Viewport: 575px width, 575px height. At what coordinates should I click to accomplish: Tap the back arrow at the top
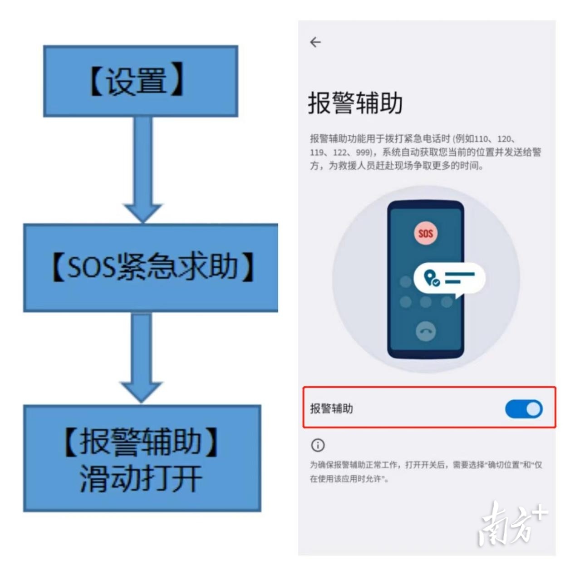pyautogui.click(x=315, y=42)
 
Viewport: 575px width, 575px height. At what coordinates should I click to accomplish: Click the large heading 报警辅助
pyautogui.click(x=355, y=103)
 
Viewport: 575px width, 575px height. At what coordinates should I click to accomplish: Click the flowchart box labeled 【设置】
pyautogui.click(x=141, y=81)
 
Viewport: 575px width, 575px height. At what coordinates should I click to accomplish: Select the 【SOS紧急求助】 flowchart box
pyautogui.click(x=151, y=268)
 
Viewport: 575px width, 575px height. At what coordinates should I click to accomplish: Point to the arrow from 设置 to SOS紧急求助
pyautogui.click(x=143, y=169)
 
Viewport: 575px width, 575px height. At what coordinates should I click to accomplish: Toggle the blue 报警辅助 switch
pyautogui.click(x=524, y=409)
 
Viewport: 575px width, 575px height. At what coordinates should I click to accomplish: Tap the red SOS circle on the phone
pyautogui.click(x=426, y=233)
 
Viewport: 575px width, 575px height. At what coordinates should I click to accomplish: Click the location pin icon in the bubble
pyautogui.click(x=431, y=278)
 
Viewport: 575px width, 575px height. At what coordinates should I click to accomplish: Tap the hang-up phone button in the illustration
pyautogui.click(x=426, y=331)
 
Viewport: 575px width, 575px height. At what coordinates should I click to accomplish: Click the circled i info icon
pyautogui.click(x=318, y=446)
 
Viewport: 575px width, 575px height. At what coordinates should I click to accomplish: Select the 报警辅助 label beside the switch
pyautogui.click(x=331, y=408)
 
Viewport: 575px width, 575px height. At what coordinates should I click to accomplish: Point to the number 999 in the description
pyautogui.click(x=363, y=153)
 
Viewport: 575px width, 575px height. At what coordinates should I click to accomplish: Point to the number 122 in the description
pyautogui.click(x=340, y=153)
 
